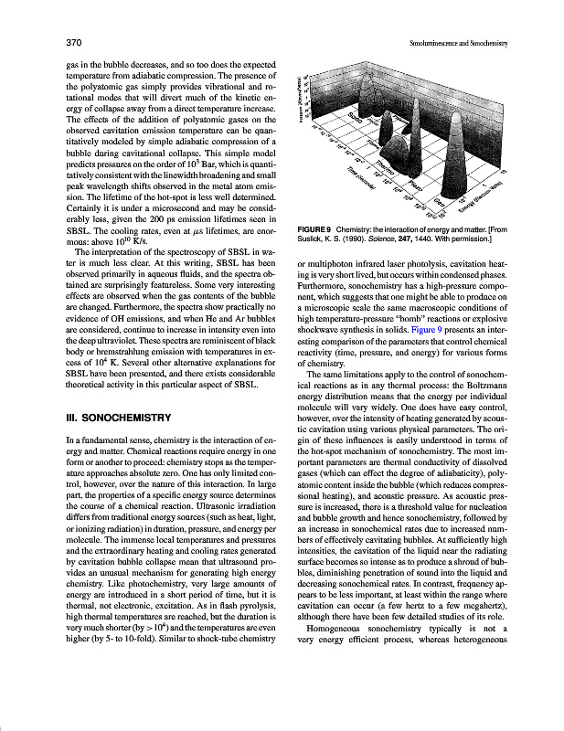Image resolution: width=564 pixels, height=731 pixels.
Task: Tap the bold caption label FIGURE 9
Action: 317,228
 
